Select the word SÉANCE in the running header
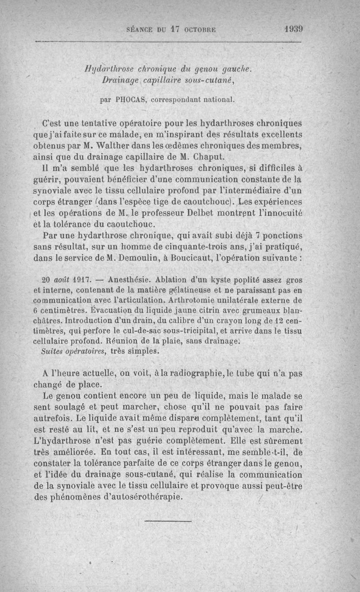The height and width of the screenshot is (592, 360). point(140,30)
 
